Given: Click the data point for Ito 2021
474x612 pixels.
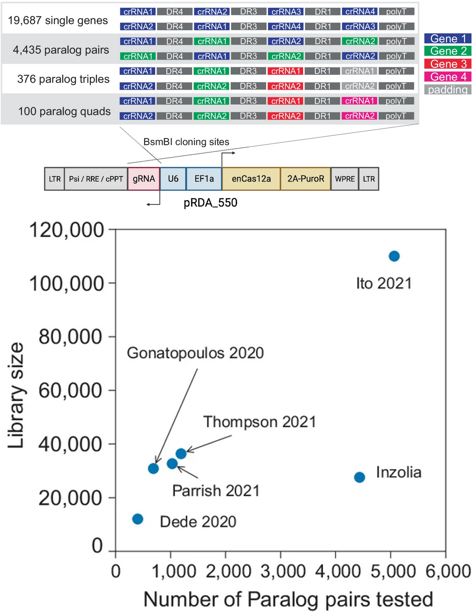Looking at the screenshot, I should [x=394, y=256].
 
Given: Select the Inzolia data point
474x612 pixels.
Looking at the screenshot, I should [x=359, y=477].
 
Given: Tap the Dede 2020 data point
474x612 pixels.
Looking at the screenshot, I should [x=138, y=519].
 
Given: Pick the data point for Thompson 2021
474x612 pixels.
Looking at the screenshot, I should [x=181, y=453].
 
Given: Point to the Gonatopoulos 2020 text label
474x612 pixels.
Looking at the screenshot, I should [x=195, y=353].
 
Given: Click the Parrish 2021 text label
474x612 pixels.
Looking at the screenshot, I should [x=216, y=490].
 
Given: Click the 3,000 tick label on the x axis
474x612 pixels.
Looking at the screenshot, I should [x=283, y=571].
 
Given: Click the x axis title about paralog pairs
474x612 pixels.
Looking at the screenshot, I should [x=288, y=599].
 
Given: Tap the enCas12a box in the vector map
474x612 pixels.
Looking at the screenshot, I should [x=251, y=179].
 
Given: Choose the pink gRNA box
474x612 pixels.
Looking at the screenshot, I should [x=144, y=179].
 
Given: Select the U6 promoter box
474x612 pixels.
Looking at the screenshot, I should [x=173, y=179].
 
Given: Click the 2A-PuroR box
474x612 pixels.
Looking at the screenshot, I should [x=305, y=179].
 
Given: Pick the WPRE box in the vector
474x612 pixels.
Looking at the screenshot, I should [x=345, y=179].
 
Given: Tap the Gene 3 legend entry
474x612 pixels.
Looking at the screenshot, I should [x=448, y=64].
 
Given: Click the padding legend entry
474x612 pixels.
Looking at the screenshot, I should [x=448, y=90].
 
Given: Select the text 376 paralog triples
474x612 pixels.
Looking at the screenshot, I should [x=63, y=79].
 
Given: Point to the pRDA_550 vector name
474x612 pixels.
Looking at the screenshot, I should [x=210, y=203].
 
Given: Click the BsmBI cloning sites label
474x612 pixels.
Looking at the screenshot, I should [x=186, y=142].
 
